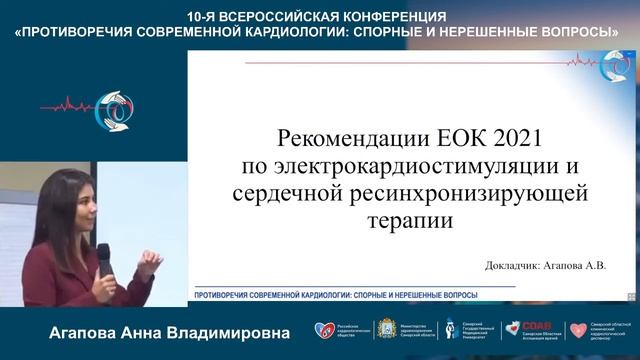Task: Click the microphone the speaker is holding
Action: (103, 263)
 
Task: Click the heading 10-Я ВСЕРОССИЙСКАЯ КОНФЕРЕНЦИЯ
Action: (317, 17)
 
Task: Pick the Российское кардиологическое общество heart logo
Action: (322, 330)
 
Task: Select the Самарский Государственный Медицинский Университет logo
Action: (451, 329)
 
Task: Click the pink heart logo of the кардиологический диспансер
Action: (577, 330)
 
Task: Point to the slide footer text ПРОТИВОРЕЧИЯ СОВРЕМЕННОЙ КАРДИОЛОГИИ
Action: (334, 295)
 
